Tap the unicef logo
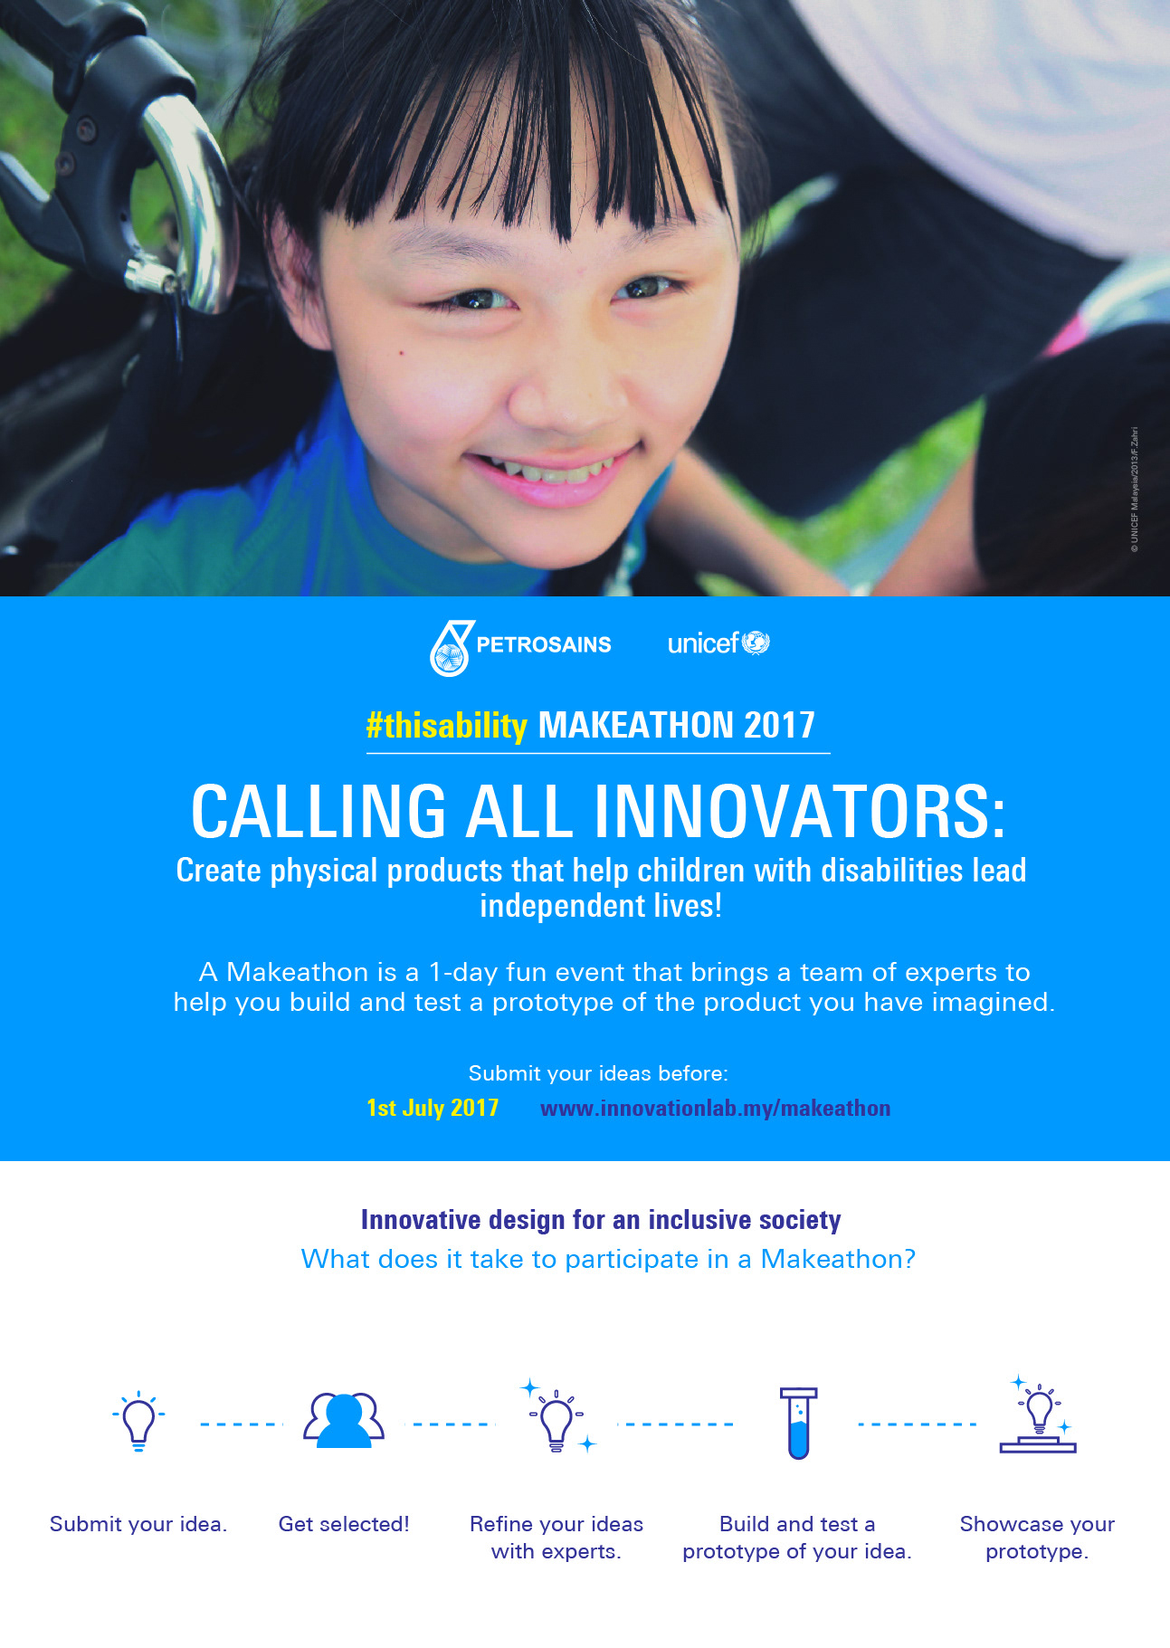(x=718, y=643)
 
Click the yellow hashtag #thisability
(x=446, y=726)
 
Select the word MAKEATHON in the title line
(x=636, y=726)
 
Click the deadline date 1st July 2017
(x=433, y=1108)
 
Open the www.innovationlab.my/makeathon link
(x=715, y=1109)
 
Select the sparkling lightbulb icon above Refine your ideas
(x=557, y=1416)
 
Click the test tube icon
(x=798, y=1423)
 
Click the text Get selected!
(x=344, y=1524)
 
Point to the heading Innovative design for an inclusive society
(x=601, y=1220)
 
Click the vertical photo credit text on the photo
(x=1134, y=490)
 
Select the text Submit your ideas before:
(x=598, y=1073)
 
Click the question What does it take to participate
(x=608, y=1259)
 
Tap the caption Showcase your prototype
(x=1037, y=1538)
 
